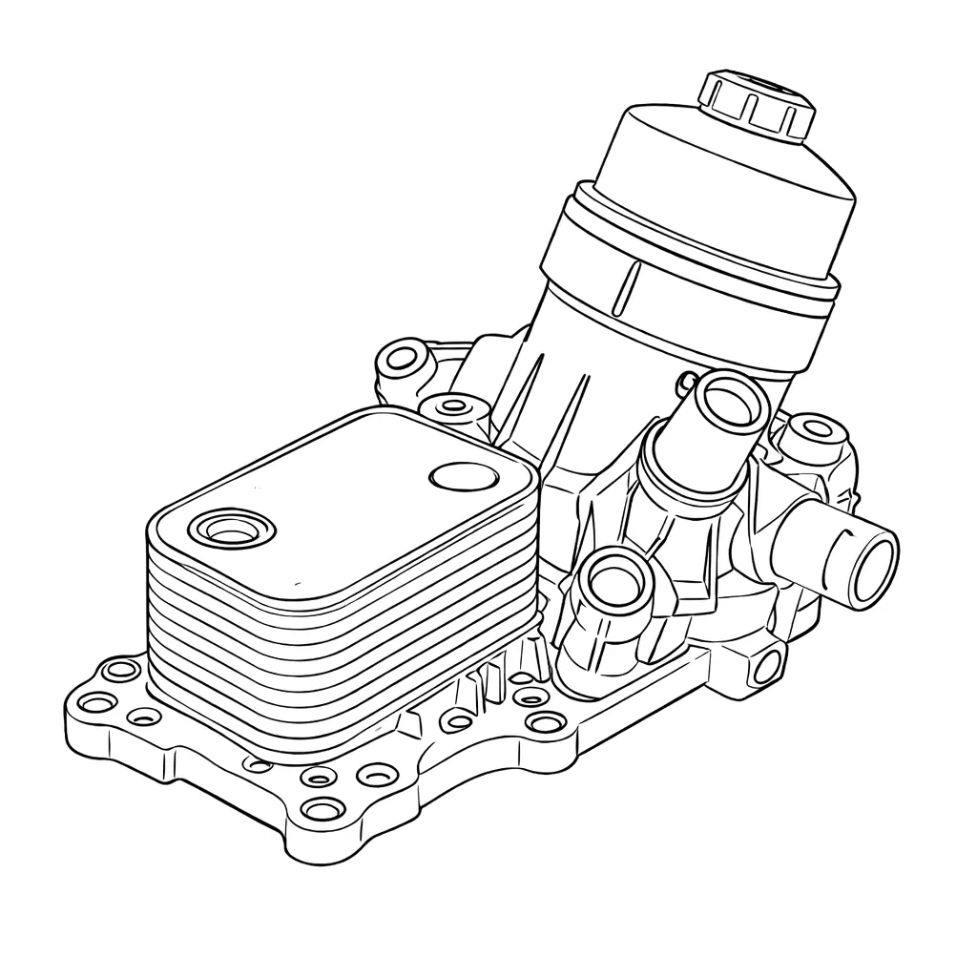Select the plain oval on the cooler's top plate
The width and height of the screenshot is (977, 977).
click(466, 476)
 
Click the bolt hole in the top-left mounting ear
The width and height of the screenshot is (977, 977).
click(405, 360)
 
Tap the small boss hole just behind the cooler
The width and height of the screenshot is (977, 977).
click(455, 407)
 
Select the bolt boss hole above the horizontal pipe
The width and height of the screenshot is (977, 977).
click(813, 428)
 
